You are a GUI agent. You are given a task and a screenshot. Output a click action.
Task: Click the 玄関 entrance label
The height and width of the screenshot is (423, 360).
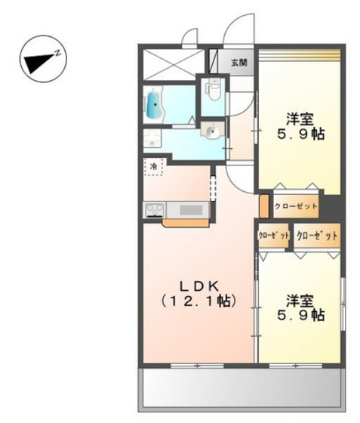(x=239, y=63)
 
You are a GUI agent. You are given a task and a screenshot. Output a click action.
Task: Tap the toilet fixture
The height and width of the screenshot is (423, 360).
(x=214, y=89)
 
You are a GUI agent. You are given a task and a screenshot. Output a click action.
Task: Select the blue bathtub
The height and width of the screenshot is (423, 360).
(x=155, y=104)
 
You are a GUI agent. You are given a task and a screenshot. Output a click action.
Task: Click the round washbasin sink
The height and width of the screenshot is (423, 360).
(x=213, y=131)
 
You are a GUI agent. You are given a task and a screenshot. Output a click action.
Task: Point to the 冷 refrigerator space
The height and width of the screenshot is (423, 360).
(x=154, y=166)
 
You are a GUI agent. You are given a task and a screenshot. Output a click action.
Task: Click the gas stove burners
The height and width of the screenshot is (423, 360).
(x=155, y=210)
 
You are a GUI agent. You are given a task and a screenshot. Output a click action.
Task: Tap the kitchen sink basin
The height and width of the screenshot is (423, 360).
(x=191, y=210)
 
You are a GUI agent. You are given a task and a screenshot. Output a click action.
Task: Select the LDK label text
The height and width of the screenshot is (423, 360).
(x=198, y=286)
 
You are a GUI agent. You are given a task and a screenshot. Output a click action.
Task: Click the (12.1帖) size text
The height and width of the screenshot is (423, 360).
(x=198, y=301)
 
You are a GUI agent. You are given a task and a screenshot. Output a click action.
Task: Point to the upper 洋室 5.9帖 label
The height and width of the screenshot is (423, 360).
(x=300, y=127)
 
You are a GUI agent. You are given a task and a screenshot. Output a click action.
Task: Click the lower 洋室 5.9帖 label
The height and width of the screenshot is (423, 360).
(x=300, y=308)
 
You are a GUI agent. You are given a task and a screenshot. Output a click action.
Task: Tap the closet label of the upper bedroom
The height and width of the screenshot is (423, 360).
(x=296, y=207)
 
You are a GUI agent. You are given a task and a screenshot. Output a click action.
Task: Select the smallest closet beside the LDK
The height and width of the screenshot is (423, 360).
(x=273, y=235)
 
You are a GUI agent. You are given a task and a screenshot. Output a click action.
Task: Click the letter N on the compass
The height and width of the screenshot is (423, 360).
(x=57, y=53)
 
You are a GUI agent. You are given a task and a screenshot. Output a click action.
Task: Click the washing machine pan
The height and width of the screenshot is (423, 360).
(x=152, y=138)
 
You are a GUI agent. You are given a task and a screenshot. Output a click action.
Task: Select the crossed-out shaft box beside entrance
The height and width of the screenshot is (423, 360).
(x=174, y=64)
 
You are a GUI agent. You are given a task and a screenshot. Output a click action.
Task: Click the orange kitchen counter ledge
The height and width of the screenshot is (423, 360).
(x=186, y=223)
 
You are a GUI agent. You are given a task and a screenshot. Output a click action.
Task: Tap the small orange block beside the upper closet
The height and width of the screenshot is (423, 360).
(x=264, y=205)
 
